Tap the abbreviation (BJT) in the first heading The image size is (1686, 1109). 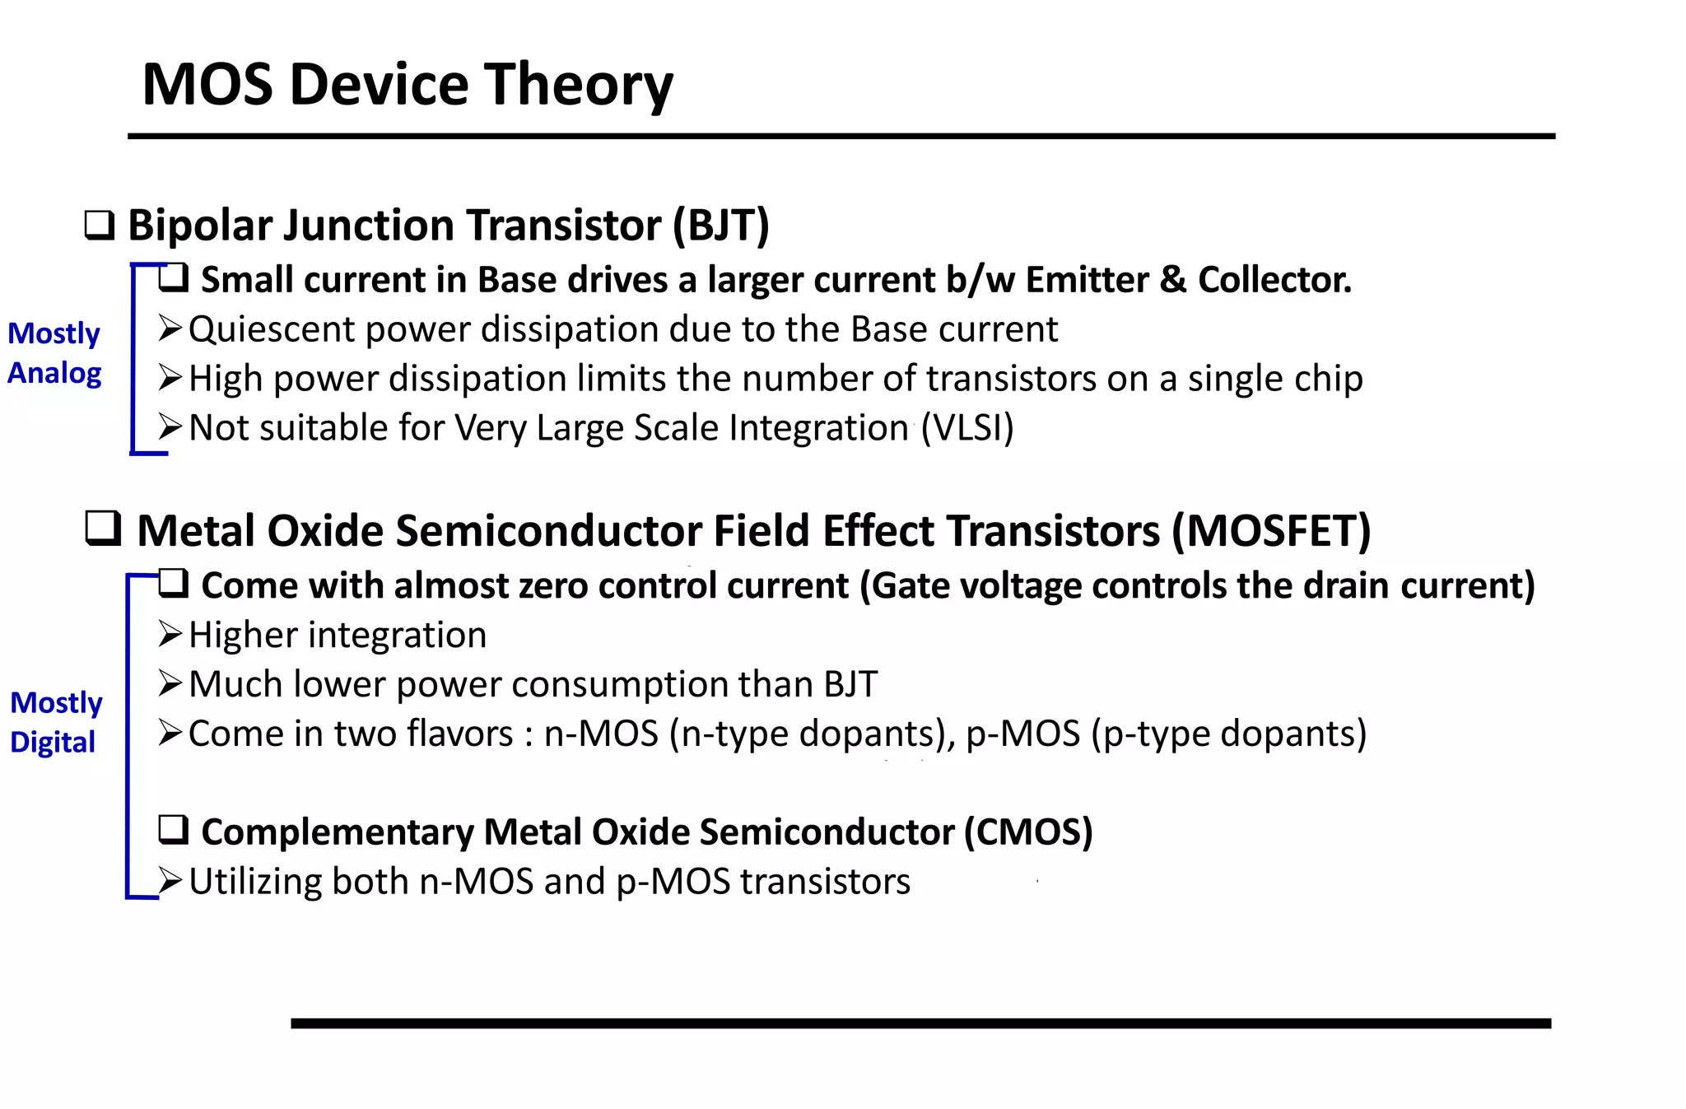pos(721,226)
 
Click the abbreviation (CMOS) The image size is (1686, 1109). pos(1028,832)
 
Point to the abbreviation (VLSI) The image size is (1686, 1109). pos(967,428)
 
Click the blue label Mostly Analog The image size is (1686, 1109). pos(54,353)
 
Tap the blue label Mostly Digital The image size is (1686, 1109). pos(55,722)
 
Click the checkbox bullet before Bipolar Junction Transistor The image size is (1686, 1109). pos(100,226)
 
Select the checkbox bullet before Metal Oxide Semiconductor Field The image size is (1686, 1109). pos(104,529)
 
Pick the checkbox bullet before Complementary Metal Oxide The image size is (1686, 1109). pos(174,831)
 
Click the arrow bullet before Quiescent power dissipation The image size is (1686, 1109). pos(170,329)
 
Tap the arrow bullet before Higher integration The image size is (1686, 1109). pos(170,635)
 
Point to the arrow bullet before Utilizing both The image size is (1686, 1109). pos(170,882)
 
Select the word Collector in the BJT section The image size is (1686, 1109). pos(1274,281)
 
